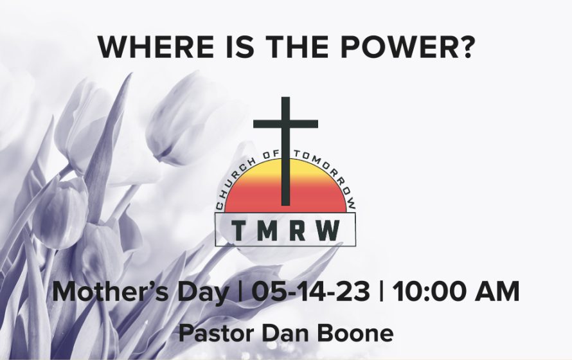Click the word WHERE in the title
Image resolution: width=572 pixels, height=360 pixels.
(156, 47)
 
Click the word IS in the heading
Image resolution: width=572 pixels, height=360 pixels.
(240, 47)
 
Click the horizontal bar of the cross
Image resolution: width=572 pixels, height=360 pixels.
(285, 124)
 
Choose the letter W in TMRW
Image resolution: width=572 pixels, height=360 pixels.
(328, 231)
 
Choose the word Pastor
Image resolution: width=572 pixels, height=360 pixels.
(216, 334)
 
